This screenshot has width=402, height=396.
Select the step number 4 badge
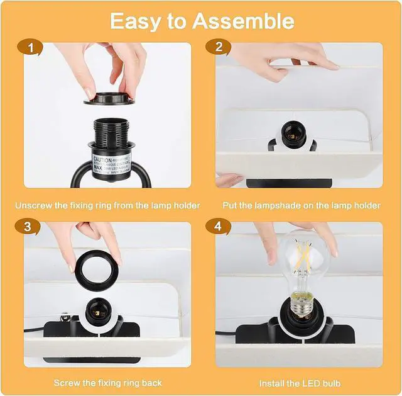coord(219,225)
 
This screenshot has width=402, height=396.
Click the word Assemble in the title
coord(243,21)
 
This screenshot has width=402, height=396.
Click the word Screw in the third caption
coord(67,383)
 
